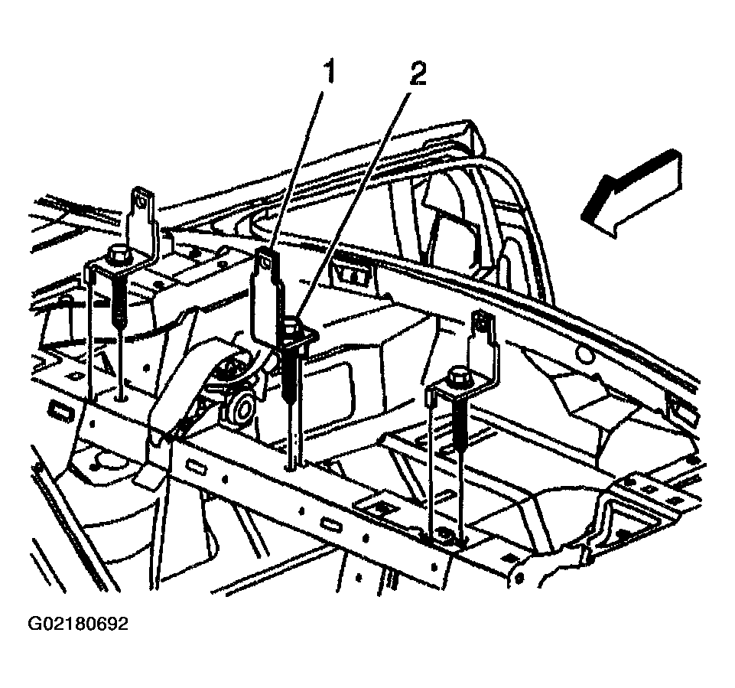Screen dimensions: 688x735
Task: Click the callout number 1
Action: pos(329,74)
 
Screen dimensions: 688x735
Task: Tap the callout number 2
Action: pos(418,74)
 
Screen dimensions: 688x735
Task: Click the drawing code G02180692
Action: pos(78,624)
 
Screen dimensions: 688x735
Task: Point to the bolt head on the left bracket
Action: pos(118,253)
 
